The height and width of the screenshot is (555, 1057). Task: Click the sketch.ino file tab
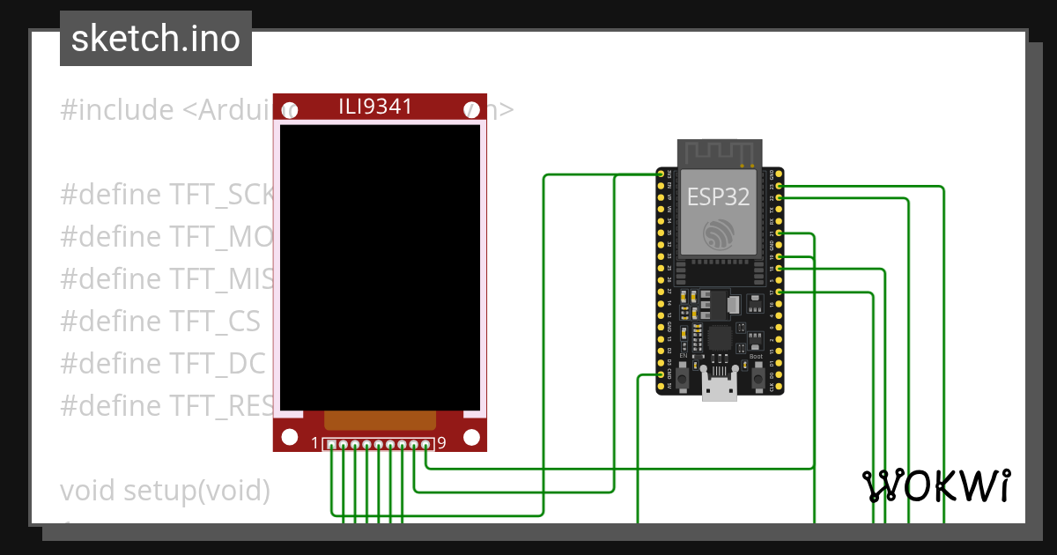click(x=155, y=39)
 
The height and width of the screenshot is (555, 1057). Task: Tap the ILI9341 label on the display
click(x=375, y=107)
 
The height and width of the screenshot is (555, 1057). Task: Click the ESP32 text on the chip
click(x=718, y=196)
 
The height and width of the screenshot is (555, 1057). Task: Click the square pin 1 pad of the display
click(x=331, y=444)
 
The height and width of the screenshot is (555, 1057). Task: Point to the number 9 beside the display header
click(x=441, y=443)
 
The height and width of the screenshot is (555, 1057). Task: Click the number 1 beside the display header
click(x=315, y=443)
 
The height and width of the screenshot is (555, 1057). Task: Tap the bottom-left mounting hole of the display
click(x=288, y=437)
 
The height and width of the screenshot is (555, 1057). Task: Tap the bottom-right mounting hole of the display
click(x=471, y=437)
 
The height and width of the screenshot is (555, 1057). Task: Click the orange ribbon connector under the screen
click(x=380, y=419)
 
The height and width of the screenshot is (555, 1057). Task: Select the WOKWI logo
click(x=935, y=485)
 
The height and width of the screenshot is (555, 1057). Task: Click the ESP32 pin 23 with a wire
click(x=779, y=187)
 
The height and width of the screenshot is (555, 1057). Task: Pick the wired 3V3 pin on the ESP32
click(x=661, y=174)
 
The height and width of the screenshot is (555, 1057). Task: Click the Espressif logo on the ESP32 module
click(x=718, y=234)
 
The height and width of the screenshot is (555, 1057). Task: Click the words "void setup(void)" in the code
click(x=165, y=490)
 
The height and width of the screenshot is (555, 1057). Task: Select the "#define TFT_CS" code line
click(x=160, y=322)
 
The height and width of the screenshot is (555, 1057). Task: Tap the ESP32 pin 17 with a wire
click(x=779, y=292)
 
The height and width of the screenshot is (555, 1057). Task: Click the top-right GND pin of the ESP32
click(x=779, y=174)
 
